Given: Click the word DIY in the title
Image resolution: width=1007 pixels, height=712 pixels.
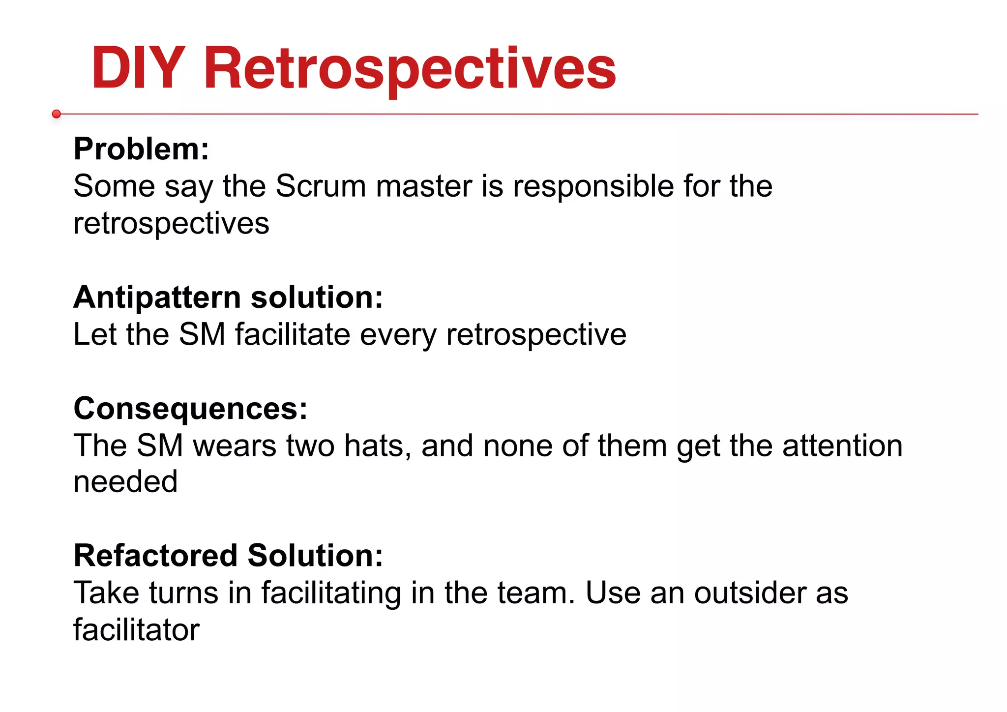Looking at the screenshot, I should [x=138, y=69].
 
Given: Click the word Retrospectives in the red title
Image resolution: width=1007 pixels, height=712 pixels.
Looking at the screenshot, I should [x=410, y=69].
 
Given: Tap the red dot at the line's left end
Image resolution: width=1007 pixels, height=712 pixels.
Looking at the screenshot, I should [x=57, y=114].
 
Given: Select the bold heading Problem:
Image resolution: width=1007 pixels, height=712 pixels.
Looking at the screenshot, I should [x=142, y=149].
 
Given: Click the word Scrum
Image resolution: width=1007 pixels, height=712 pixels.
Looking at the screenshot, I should [x=321, y=186].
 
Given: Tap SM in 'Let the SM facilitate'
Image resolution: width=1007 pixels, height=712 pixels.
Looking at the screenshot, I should [x=202, y=335].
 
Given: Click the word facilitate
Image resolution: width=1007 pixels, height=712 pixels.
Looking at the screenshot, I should [x=293, y=335].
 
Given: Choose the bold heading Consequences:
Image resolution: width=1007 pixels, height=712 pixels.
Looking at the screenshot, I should [x=191, y=409].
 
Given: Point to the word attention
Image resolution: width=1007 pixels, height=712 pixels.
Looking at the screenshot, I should [x=842, y=446].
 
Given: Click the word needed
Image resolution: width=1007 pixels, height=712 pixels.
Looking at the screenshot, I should [x=125, y=482].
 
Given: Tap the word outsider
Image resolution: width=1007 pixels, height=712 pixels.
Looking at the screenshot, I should [x=750, y=593].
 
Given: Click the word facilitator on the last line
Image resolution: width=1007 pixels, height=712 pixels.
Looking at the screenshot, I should [x=137, y=630].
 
